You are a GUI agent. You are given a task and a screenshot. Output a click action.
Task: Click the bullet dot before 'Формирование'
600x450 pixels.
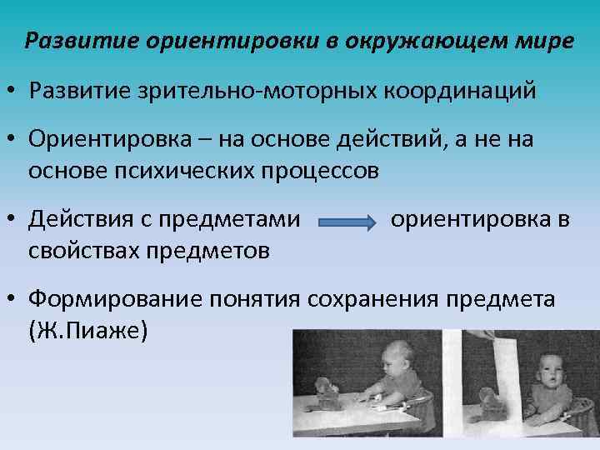pyautogui.click(x=15, y=298)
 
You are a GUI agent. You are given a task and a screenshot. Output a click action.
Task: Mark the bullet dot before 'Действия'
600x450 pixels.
pyautogui.click(x=15, y=221)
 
